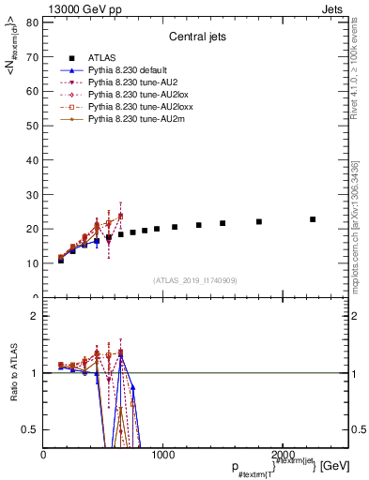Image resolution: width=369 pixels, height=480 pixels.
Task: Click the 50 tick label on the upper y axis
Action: (x=32, y=125)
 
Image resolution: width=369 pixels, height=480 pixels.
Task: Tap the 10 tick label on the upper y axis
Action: (x=32, y=263)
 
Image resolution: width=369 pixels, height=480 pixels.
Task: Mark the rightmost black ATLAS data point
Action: (x=313, y=219)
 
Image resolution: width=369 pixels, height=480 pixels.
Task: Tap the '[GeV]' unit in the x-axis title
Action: (x=335, y=465)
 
